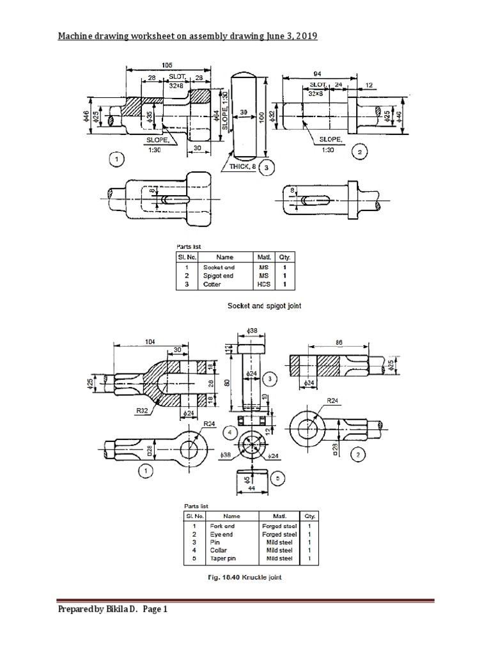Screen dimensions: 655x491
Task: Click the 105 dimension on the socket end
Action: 168,65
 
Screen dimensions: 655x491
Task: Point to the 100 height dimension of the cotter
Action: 261,118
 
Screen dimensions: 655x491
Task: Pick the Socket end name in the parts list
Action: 219,267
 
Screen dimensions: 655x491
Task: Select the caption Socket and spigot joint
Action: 265,306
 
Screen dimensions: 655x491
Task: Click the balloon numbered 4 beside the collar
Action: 228,432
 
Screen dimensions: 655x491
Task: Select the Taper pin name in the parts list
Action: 219,558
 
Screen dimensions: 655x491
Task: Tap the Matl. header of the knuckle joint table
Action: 277,516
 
